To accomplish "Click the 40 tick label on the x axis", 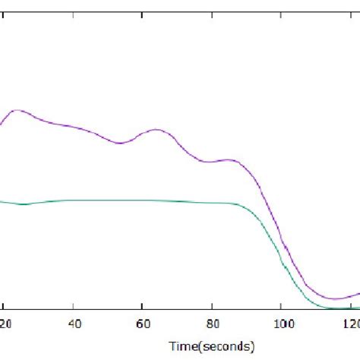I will tap(73, 324).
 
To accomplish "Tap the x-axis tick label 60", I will tap(142, 324).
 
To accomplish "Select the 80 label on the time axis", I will tap(211, 324).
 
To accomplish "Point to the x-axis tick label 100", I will tap(280, 324).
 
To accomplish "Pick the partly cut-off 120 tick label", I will tap(350, 324).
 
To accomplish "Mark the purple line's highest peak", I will tap(18, 110).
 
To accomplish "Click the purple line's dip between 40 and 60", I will tap(119, 143).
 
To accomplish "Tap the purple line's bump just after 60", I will tap(156, 130).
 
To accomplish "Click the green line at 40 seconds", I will tap(73, 201).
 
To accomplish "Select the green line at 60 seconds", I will tap(142, 201).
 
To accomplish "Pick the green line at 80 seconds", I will tap(211, 203).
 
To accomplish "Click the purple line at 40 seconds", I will tap(73, 125).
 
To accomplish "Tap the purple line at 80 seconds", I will tap(211, 161).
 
